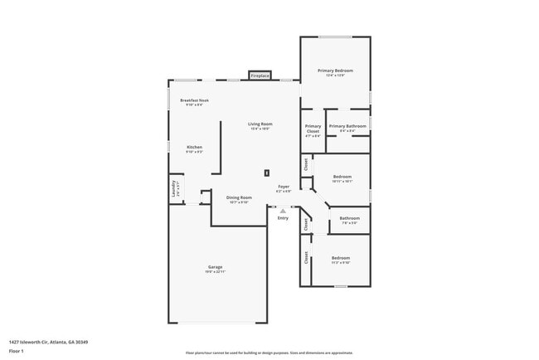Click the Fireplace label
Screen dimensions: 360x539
(x=260, y=75)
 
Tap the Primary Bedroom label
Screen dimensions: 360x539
(x=335, y=71)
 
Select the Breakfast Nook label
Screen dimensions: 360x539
(x=194, y=100)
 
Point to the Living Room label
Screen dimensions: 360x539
(x=260, y=124)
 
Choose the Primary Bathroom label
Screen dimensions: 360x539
(x=347, y=126)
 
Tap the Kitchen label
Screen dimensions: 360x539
(x=194, y=148)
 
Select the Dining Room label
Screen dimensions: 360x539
(x=239, y=197)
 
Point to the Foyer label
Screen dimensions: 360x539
(x=284, y=187)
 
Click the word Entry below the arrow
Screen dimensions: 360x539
(x=283, y=218)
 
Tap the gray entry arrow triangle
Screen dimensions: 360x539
(x=283, y=211)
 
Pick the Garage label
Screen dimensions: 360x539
(x=215, y=266)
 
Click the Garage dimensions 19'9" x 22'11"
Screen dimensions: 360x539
(x=215, y=272)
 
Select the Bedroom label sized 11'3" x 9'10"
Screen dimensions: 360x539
(x=341, y=258)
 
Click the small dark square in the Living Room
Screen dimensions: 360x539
(x=266, y=173)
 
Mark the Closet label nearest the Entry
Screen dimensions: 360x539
(x=306, y=224)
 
